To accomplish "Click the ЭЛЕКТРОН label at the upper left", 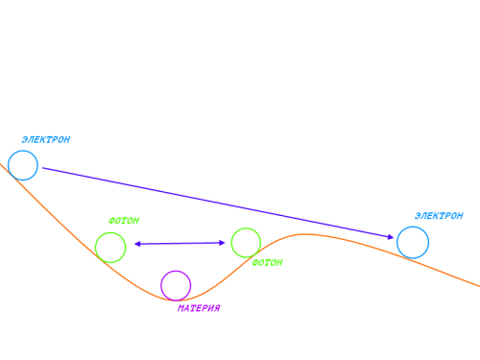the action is [46, 140].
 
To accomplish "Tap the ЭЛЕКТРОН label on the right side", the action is [439, 216].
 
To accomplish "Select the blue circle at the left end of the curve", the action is [23, 151].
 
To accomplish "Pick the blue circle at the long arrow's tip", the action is [413, 227].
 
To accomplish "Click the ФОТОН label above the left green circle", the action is [124, 221].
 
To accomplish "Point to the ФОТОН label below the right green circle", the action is [267, 263].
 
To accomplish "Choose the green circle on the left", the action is [110, 233].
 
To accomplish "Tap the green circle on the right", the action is [246, 228].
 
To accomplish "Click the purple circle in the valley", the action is [176, 271].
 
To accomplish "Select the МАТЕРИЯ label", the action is [199, 308].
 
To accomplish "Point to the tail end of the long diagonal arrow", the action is [43, 168].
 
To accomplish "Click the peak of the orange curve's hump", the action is [304, 234].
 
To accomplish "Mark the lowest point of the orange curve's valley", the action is [176, 300].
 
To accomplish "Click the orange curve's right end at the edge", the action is [479, 286].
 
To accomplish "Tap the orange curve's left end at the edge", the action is [1, 164].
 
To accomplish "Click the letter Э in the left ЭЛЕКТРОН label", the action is [25, 140].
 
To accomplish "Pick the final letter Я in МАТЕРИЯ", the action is [217, 308].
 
